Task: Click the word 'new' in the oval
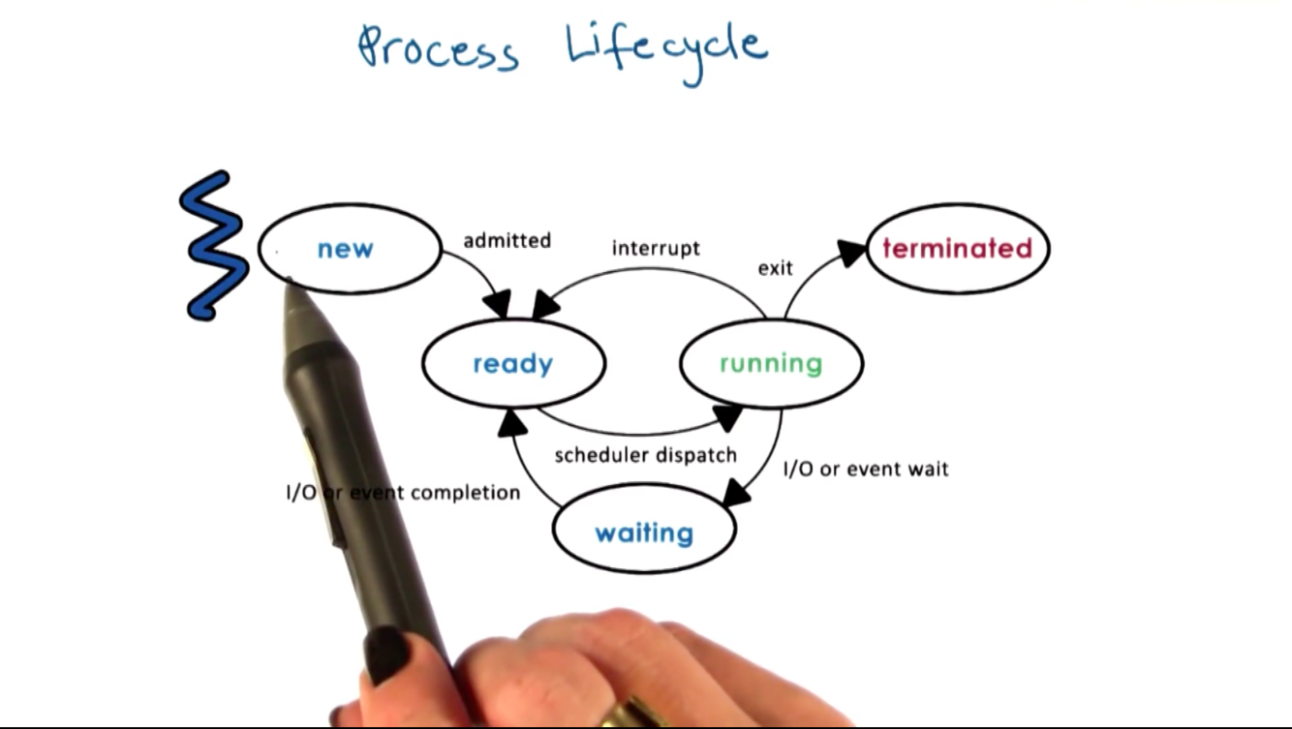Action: click(345, 249)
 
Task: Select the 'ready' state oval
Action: click(512, 364)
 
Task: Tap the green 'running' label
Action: click(770, 364)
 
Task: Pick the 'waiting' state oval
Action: click(643, 532)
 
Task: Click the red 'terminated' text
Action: click(957, 249)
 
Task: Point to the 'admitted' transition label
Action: click(507, 240)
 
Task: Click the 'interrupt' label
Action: click(656, 249)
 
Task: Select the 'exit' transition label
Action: click(775, 268)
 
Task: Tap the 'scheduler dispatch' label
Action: click(645, 455)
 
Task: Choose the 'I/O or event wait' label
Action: click(865, 470)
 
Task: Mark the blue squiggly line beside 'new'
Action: click(212, 246)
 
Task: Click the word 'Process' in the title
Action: click(438, 48)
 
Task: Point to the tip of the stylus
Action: click(289, 282)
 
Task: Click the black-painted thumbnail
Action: click(387, 653)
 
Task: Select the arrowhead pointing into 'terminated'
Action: click(852, 253)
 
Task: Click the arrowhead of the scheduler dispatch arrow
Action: click(728, 416)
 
